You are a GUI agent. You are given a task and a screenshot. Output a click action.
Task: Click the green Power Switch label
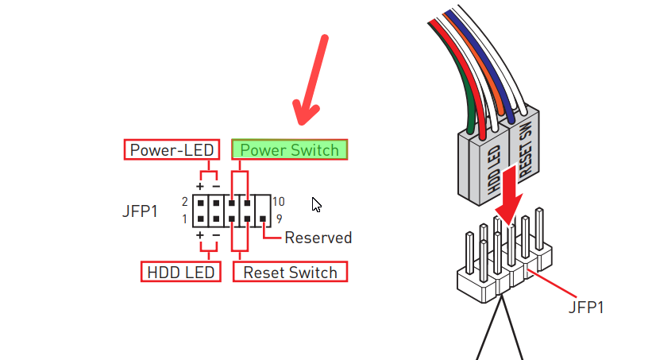click(290, 149)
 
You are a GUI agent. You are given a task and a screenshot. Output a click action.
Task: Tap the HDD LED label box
click(181, 272)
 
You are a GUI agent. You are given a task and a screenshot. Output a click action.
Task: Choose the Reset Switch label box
click(290, 272)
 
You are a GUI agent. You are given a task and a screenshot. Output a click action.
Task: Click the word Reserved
click(318, 237)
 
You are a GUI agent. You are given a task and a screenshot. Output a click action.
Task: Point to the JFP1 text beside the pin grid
click(141, 211)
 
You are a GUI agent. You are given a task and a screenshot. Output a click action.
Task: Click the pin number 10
click(278, 201)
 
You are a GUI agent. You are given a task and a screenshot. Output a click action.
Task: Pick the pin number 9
click(279, 219)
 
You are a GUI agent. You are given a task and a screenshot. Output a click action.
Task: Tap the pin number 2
click(184, 201)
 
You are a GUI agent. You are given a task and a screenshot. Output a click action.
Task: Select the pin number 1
click(184, 219)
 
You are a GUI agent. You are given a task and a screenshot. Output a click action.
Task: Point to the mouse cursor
click(316, 204)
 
